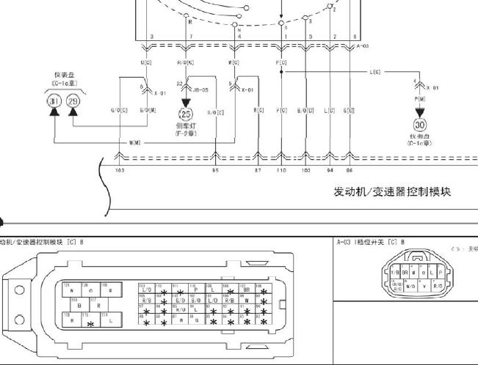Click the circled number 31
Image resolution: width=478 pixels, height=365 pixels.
pos(53,102)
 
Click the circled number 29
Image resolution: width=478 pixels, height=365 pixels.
pos(73,102)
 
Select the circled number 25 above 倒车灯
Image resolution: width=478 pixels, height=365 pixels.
pos(185,114)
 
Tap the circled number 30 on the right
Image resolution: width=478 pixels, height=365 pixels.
pos(420,125)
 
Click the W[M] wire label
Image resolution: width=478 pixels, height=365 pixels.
pos(136,142)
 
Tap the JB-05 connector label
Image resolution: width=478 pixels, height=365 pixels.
pos(200,89)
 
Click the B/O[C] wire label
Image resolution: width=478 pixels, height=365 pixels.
pos(305,111)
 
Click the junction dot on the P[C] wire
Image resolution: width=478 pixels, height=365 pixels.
pos(281,72)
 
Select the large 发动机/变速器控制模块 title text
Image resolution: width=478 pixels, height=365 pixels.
pos(392,192)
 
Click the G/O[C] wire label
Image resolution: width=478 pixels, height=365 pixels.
pos(120,111)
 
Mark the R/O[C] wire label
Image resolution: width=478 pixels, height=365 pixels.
pos(215,111)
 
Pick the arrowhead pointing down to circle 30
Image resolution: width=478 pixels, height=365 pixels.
pos(420,111)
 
